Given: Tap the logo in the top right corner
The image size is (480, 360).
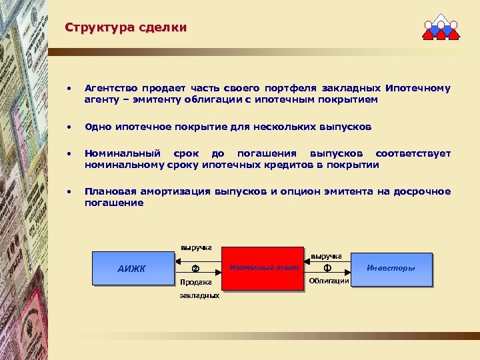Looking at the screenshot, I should pos(441,27).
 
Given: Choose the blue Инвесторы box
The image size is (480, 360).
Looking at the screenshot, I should pos(391,268).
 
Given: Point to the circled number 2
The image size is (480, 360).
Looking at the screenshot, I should pos(195,269).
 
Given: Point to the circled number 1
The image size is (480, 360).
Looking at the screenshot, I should pos(327,269).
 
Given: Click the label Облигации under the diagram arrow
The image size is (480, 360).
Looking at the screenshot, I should pos(328,281).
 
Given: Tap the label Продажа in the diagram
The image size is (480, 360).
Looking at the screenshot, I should pos(195,282).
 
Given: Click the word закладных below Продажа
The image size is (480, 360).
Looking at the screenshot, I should pos(199,295).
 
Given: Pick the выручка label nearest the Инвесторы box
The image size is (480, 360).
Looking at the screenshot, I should pos(327,256).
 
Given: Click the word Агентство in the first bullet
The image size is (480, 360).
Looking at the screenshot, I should pos(109,88).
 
